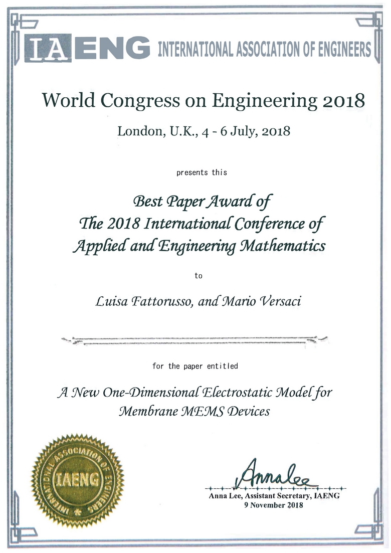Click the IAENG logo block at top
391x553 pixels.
coord(87,49)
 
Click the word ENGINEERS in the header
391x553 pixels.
coord(336,50)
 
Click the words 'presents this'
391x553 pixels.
coord(202,172)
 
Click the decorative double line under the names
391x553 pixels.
coord(195,341)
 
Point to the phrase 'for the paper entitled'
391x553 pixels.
coord(195,366)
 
